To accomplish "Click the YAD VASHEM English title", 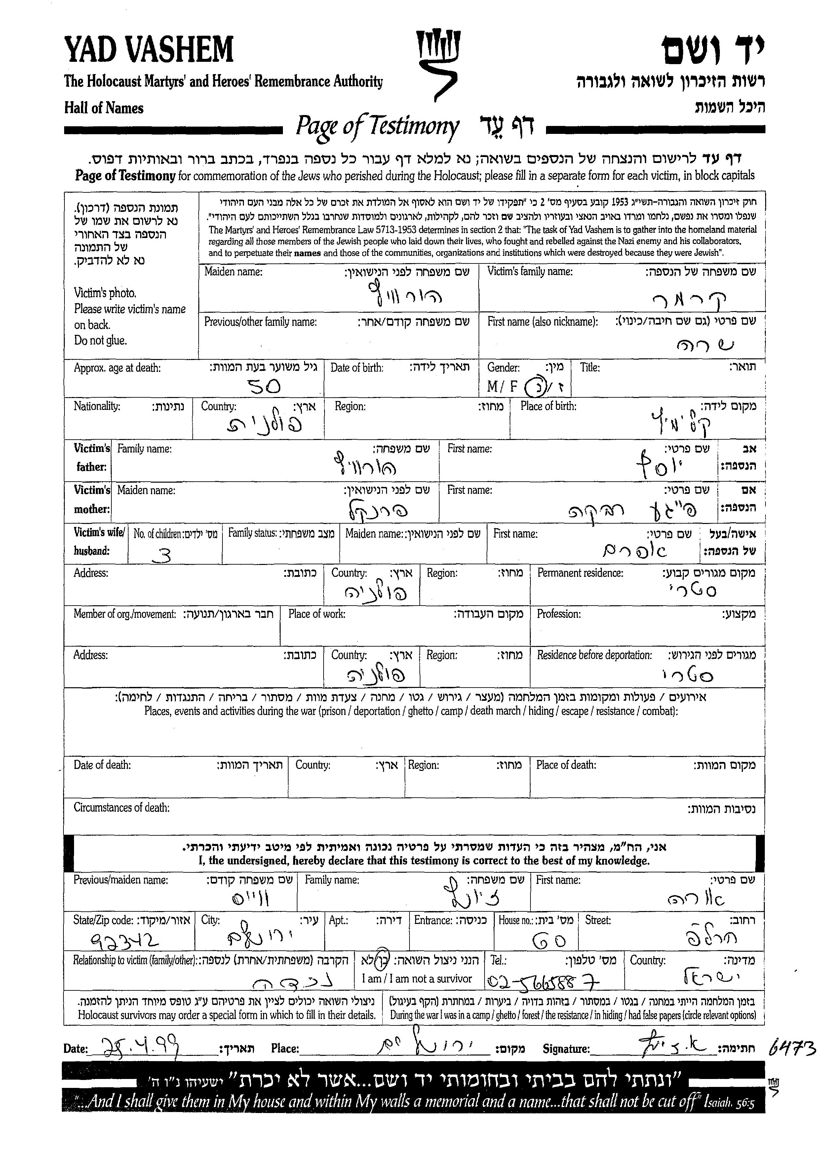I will click(149, 50).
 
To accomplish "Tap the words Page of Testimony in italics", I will click(377, 126).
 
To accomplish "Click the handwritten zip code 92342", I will click(124, 940).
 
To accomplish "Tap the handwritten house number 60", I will click(549, 940).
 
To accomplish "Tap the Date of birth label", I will click(357, 368).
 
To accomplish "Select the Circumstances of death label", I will click(121, 808).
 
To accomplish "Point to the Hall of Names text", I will click(104, 108).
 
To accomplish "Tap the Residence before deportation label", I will click(594, 656).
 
